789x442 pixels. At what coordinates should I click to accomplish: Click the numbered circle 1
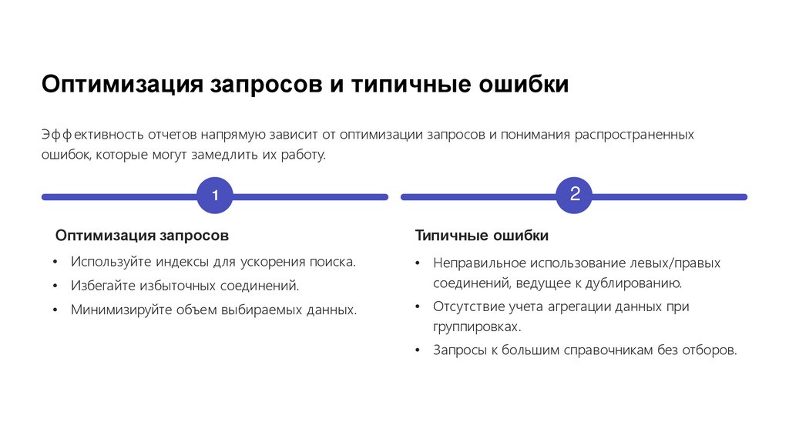point(216,197)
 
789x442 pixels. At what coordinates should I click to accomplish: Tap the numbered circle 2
point(574,195)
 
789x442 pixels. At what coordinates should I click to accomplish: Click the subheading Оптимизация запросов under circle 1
point(142,234)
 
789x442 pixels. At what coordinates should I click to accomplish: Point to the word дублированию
point(635,283)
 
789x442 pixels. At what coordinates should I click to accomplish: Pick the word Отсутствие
point(466,306)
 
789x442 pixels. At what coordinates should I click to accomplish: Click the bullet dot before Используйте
point(55,263)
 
